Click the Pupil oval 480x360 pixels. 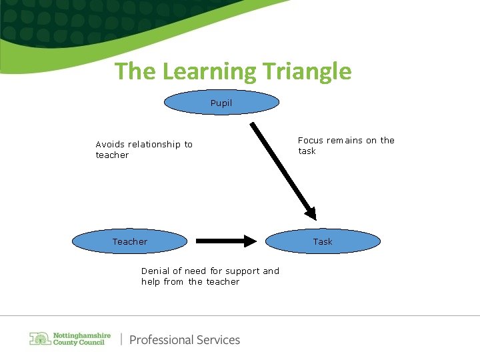click(221, 103)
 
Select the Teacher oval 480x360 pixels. click(129, 241)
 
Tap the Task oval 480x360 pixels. click(323, 241)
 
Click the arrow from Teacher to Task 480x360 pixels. click(226, 241)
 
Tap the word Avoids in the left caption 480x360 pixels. click(110, 145)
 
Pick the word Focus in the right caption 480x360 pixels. click(310, 141)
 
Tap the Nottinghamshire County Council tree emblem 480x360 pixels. click(39, 339)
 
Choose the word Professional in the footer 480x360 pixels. click(161, 340)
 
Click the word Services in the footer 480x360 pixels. click(217, 340)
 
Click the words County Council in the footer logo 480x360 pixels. click(79, 343)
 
